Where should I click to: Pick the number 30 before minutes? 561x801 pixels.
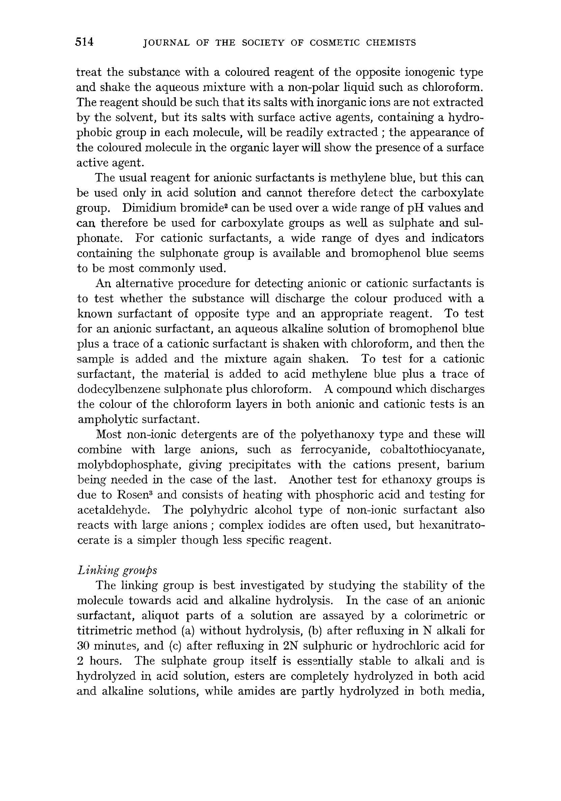[84, 646]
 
